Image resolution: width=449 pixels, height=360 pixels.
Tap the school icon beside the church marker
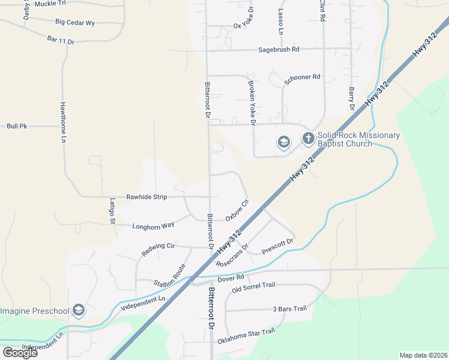[283, 142]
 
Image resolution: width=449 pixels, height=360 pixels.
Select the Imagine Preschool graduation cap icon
[77, 310]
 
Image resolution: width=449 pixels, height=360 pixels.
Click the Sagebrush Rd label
[279, 50]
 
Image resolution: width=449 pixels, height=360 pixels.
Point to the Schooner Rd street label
[303, 80]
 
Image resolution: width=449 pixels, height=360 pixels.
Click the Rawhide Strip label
[146, 197]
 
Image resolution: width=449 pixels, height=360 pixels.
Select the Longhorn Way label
[154, 225]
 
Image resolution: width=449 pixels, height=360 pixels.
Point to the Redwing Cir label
[158, 250]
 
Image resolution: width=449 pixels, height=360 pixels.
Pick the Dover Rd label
[231, 278]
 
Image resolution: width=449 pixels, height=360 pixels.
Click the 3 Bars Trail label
[289, 308]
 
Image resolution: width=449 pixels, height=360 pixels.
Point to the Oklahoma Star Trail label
[246, 335]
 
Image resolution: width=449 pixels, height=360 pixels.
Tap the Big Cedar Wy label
[75, 22]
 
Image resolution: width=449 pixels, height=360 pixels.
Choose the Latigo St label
[112, 211]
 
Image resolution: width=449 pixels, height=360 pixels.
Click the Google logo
[20, 352]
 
